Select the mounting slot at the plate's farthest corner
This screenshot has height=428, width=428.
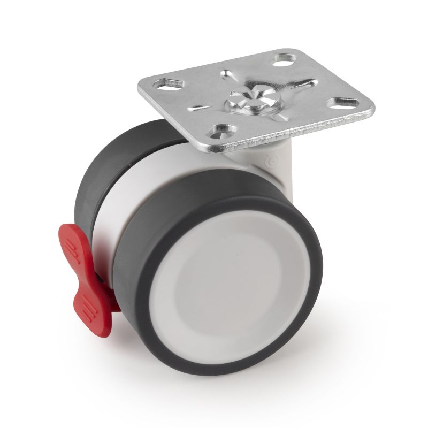click(282, 58)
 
